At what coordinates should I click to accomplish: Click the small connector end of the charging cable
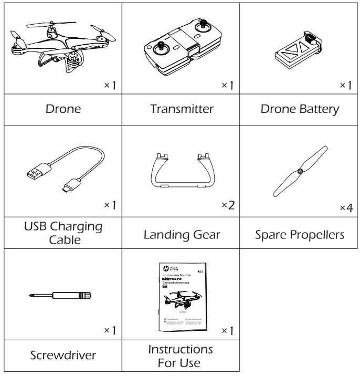click(x=70, y=187)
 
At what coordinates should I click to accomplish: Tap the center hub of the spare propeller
click(x=300, y=171)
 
